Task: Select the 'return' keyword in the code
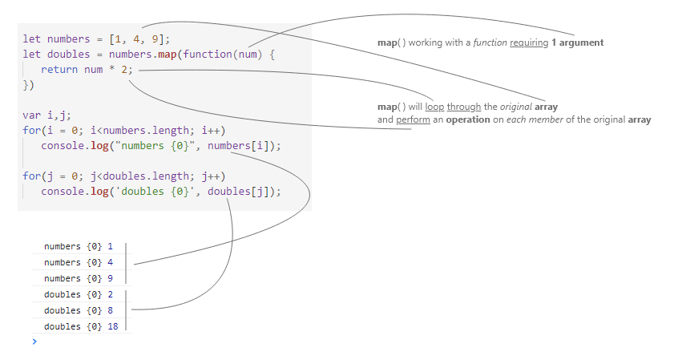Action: pyautogui.click(x=59, y=71)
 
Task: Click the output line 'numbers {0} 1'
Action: pyautogui.click(x=78, y=247)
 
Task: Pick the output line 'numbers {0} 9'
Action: pyautogui.click(x=78, y=278)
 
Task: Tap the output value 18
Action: pyautogui.click(x=112, y=326)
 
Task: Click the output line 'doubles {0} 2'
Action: pyautogui.click(x=78, y=294)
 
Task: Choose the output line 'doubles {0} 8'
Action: pyautogui.click(x=78, y=310)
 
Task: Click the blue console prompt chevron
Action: pyautogui.click(x=34, y=342)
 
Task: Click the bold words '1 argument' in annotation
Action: pyautogui.click(x=578, y=42)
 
